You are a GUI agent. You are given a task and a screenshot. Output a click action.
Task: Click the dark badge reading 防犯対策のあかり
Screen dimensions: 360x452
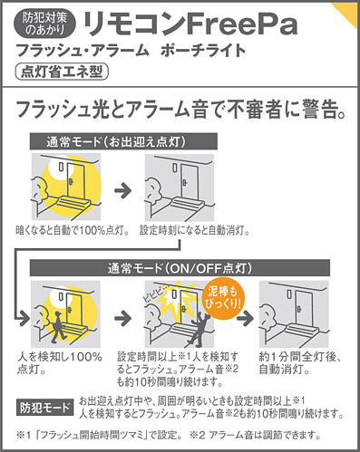coord(44,24)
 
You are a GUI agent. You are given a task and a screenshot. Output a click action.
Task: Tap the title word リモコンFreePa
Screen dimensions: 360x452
coord(190,24)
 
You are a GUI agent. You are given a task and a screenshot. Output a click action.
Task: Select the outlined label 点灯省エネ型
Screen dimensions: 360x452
coord(62,72)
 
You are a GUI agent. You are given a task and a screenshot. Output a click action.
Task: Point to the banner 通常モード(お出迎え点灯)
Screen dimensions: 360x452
coord(123,141)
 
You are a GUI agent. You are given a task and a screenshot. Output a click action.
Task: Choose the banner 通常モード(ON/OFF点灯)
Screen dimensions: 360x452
coord(180,268)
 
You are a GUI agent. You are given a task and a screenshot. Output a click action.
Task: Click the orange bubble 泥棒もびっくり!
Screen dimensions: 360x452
coord(223,298)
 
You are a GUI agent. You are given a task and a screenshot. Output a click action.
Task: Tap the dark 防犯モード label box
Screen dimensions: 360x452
coord(44,409)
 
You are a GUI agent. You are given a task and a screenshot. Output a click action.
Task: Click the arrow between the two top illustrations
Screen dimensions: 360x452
coord(123,190)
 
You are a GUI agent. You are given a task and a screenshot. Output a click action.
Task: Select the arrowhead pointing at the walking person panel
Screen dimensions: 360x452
coord(24,318)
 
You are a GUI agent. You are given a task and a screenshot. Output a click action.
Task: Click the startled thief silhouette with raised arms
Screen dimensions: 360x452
coord(198,329)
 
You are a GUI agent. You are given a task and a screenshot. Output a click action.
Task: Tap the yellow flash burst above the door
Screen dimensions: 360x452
coord(174,294)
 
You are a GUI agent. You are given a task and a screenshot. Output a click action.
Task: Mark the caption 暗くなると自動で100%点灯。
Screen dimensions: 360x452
coord(73,231)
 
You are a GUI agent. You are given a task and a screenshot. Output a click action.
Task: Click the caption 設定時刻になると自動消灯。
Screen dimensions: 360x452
coord(195,231)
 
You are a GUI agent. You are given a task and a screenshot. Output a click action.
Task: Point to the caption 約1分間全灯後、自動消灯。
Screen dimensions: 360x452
coord(300,363)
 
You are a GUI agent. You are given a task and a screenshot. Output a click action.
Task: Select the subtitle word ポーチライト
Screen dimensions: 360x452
coord(202,51)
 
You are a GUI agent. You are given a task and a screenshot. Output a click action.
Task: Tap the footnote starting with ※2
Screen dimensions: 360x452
coord(256,435)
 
